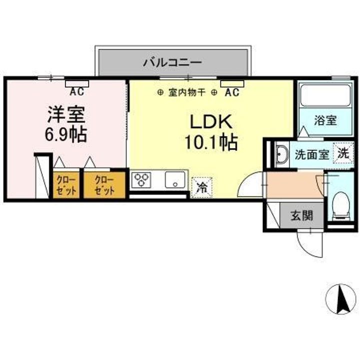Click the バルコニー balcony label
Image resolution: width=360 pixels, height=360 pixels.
[172, 62]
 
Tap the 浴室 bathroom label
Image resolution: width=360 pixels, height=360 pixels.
[325, 120]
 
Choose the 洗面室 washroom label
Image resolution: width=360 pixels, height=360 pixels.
[311, 154]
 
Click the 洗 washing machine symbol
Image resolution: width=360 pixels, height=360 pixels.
[343, 153]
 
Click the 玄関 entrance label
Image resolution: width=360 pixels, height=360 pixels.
[302, 216]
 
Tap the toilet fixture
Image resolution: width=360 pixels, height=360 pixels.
[341, 205]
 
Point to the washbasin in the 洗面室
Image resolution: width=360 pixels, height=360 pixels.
[282, 154]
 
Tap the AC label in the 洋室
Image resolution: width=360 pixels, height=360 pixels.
[76, 91]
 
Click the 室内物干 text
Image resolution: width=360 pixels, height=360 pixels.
[187, 92]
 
